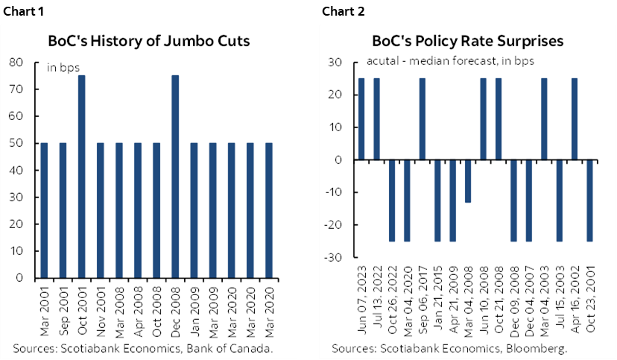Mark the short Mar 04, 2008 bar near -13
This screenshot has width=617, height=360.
(x=468, y=180)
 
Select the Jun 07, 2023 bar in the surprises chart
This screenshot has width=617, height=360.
(x=361, y=119)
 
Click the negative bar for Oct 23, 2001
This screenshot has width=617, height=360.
(x=589, y=200)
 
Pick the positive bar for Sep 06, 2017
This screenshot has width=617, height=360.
(x=423, y=119)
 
